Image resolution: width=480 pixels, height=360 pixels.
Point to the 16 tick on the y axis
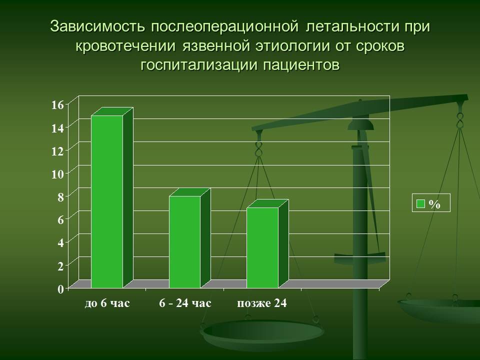pos(57,105)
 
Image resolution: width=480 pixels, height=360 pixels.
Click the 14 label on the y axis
pos(57,128)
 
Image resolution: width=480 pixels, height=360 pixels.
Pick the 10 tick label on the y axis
pos(57,174)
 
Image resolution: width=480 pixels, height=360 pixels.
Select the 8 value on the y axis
pos(60,197)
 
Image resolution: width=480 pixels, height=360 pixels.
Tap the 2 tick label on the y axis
pos(60,265)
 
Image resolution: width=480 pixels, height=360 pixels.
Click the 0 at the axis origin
pos(60,288)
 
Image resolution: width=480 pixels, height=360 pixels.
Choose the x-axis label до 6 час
pos(107,303)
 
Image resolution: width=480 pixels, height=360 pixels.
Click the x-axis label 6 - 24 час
pos(185,303)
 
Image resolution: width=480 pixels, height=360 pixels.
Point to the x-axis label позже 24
pos(262,303)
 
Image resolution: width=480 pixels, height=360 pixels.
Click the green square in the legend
pos(421,203)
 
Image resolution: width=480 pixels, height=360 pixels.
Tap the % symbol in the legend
pos(434,204)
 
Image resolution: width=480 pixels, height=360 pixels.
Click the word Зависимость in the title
pos(97,26)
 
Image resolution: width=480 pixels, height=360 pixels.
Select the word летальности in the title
pos(352,26)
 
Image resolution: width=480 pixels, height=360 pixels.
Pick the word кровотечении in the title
pos(125,46)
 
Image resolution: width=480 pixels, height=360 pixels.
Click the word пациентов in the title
pos(301,65)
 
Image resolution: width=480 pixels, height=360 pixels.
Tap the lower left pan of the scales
pos(262,333)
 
